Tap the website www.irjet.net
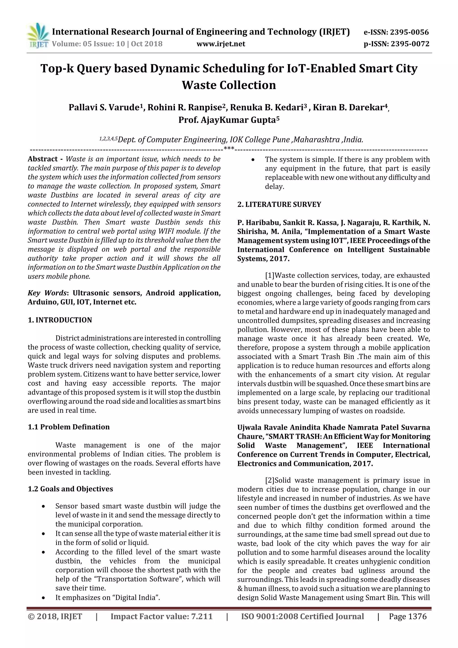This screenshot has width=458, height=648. pyautogui.click(x=221, y=44)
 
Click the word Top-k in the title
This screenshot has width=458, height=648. pyautogui.click(x=57, y=69)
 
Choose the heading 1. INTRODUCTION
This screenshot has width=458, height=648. pyautogui.click(x=60, y=320)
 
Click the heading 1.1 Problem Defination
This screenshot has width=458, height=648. pyautogui.click(x=69, y=427)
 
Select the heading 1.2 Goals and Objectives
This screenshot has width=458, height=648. pyautogui.click(x=70, y=489)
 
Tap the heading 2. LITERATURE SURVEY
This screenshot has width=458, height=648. pyautogui.click(x=279, y=204)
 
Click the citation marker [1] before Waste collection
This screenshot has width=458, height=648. pyautogui.click(x=269, y=275)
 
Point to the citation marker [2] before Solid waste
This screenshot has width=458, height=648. pyautogui.click(x=269, y=480)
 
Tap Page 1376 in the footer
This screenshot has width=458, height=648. pyautogui.click(x=407, y=616)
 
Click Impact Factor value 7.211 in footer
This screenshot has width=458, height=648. pyautogui.click(x=161, y=616)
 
